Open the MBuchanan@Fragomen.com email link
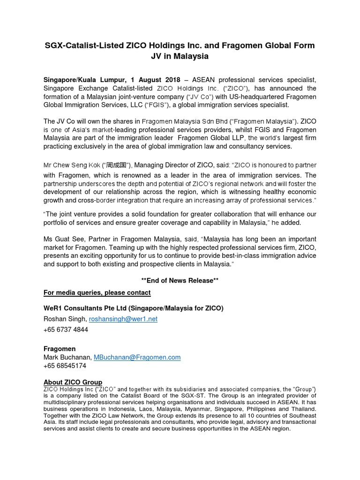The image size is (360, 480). (137, 357)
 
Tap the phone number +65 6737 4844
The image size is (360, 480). (66, 330)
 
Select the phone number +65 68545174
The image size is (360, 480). (65, 366)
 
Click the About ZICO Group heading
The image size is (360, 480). (73, 382)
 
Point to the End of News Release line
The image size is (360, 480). (180, 281)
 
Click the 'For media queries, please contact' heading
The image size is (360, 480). (97, 292)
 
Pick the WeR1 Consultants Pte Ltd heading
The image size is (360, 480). (134, 308)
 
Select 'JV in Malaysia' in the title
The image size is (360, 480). (180, 56)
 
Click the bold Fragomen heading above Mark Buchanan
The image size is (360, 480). (60, 349)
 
